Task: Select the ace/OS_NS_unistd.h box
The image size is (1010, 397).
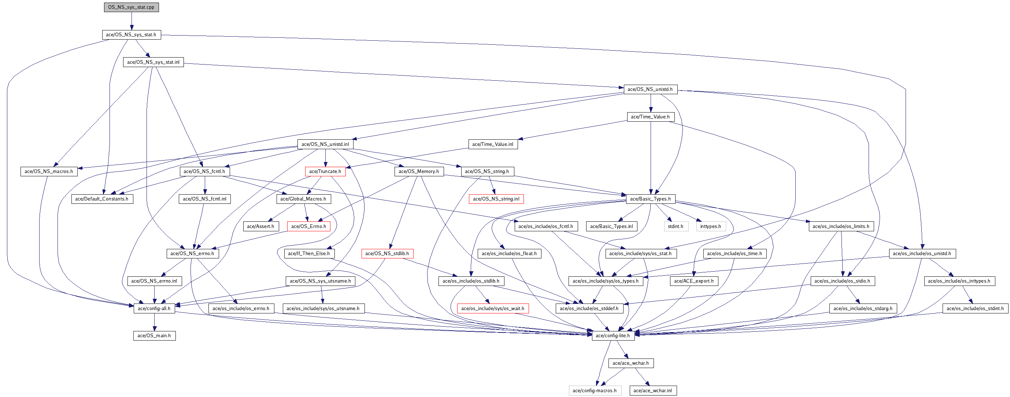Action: [650, 89]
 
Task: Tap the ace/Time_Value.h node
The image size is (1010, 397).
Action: [650, 117]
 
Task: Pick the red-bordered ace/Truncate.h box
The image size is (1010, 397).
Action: [325, 172]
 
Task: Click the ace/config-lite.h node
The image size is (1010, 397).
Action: [613, 336]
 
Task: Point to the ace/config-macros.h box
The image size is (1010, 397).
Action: [595, 391]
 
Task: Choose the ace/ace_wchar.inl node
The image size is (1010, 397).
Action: [652, 391]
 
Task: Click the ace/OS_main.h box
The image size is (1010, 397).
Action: [154, 336]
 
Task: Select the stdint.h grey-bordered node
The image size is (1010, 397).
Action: [675, 226]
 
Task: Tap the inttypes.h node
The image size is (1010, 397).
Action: [710, 226]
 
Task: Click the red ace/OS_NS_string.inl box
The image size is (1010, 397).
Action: [496, 199]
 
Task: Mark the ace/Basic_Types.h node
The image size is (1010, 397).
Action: [650, 199]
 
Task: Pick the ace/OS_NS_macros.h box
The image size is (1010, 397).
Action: [49, 172]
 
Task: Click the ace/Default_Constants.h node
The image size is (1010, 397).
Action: [102, 199]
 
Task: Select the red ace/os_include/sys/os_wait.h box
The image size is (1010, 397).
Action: [492, 309]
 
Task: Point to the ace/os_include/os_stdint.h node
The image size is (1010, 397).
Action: [975, 309]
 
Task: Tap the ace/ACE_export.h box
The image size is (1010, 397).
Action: [694, 281]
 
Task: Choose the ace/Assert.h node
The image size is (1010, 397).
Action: [260, 226]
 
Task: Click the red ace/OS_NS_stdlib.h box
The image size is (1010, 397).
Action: [387, 254]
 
